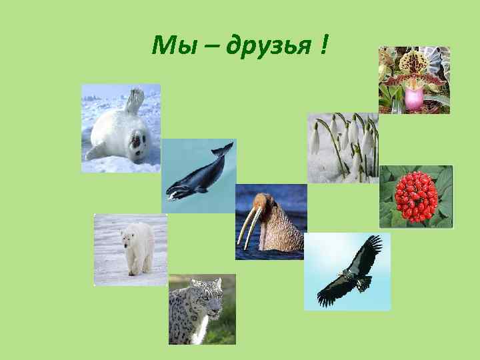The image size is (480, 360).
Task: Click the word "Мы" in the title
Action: click(x=169, y=46)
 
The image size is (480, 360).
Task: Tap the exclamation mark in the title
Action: click(x=323, y=45)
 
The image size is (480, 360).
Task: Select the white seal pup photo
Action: click(x=121, y=128)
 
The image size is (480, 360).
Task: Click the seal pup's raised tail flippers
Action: click(x=136, y=99)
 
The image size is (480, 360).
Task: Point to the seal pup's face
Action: click(x=139, y=141)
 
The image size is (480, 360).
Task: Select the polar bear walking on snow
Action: click(x=137, y=248)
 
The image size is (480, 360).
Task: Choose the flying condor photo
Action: click(x=348, y=271)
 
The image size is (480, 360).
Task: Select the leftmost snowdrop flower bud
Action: click(x=315, y=140)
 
